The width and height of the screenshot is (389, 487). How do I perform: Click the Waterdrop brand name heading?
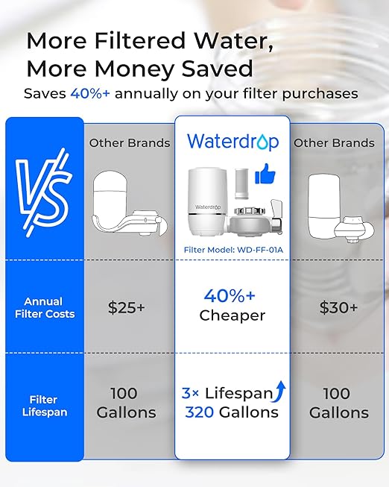tap(232, 141)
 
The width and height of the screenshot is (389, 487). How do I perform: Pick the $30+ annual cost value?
tap(338, 307)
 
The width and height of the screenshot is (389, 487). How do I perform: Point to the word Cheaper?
tap(232, 315)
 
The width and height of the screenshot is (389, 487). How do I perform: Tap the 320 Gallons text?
tap(233, 412)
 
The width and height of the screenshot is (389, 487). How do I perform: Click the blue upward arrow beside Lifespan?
tap(281, 391)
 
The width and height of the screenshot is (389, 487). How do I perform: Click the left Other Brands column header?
tap(130, 142)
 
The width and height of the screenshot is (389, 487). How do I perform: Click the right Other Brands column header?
tap(333, 142)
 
